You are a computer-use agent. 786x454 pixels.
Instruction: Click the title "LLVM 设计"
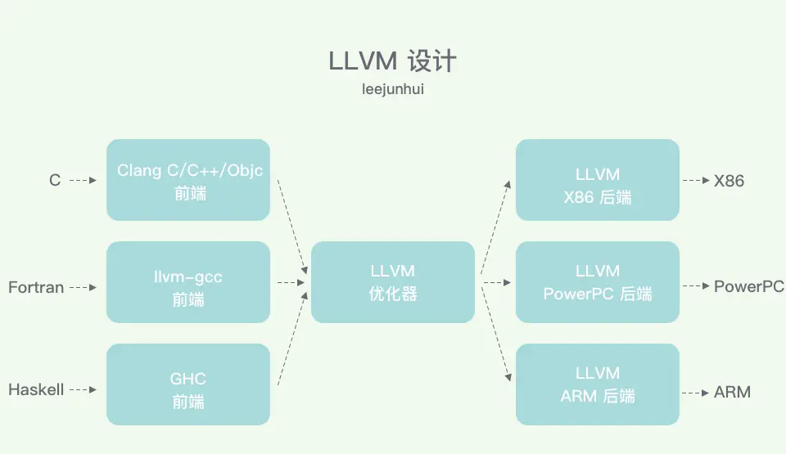392,62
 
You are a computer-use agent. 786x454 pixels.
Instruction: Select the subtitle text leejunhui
392,89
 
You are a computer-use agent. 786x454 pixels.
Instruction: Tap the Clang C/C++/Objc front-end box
188,180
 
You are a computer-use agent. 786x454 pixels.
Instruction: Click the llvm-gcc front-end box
188,282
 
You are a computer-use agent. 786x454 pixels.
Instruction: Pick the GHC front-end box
188,384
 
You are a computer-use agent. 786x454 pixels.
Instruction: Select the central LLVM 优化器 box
393,282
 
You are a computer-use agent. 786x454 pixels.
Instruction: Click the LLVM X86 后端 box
598,180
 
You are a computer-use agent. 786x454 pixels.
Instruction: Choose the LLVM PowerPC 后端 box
598,282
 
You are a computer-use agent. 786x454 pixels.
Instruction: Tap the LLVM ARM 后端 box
598,384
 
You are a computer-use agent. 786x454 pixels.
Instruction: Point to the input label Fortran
36,287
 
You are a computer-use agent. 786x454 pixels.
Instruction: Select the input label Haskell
36,390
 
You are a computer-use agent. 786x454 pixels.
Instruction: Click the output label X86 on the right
729,181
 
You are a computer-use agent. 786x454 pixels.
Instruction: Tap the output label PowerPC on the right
748,286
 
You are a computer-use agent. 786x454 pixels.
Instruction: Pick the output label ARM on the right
732,393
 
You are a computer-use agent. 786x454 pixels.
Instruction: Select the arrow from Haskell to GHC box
84,390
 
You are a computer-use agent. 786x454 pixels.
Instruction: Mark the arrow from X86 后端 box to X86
696,181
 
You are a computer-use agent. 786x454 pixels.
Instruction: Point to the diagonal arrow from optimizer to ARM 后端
497,335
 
